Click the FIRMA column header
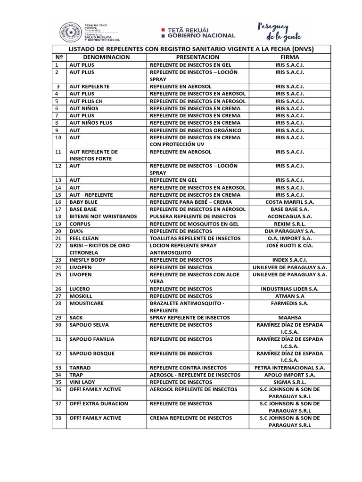click(289, 57)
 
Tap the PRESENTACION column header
click(198, 57)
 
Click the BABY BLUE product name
click(83, 202)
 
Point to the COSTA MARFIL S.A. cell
click(289, 202)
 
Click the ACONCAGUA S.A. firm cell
click(289, 217)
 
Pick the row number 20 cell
click(58, 231)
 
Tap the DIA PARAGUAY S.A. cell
click(289, 231)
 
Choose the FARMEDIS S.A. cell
click(289, 304)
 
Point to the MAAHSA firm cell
click(289, 318)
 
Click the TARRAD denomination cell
click(80, 368)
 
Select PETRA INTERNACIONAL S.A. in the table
click(289, 368)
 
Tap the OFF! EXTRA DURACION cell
click(99, 404)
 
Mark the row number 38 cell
click(58, 418)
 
